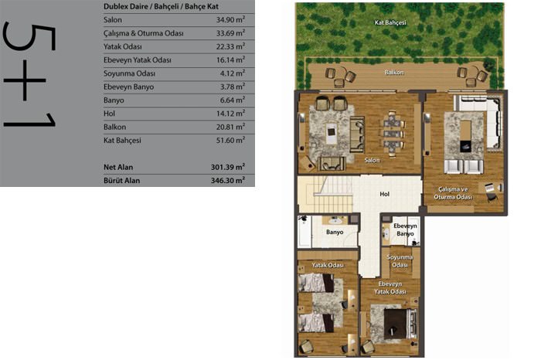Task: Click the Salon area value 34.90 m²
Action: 230,19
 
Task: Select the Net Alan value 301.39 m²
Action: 228,167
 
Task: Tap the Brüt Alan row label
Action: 122,180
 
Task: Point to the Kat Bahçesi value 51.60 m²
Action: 230,140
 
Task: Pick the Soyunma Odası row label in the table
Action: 129,73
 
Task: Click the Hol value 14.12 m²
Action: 230,114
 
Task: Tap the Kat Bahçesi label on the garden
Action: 390,22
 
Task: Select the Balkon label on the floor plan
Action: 394,73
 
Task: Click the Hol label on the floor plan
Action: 384,194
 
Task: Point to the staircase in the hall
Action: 325,194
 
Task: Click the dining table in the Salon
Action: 393,134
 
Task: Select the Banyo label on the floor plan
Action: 335,232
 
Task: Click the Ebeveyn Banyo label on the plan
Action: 405,229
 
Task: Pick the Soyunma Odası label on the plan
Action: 400,261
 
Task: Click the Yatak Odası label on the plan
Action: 328,265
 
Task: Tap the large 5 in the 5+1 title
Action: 29,37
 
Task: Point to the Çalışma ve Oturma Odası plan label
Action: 453,193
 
